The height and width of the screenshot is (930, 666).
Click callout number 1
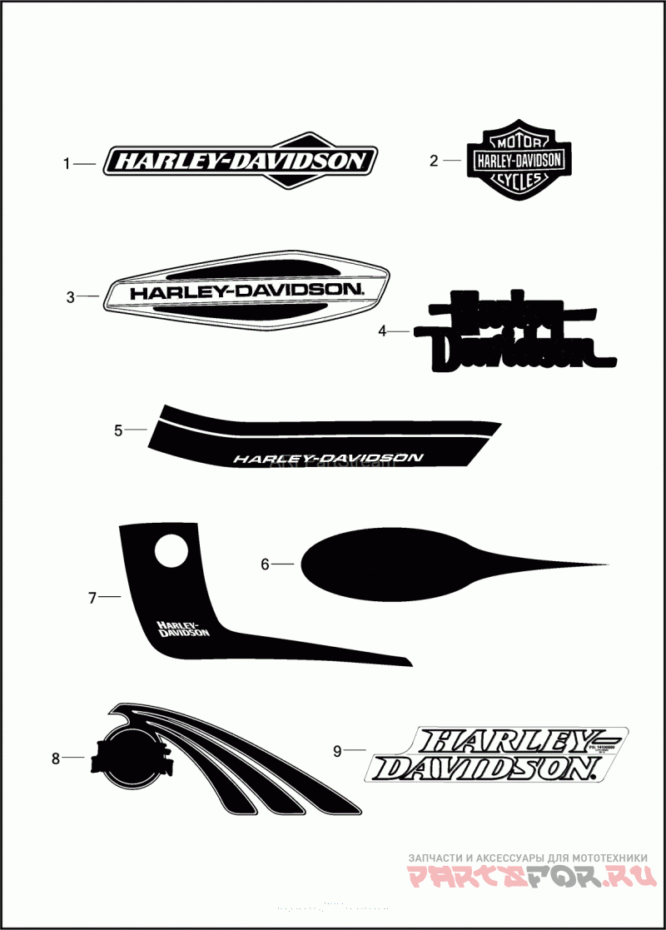(x=67, y=164)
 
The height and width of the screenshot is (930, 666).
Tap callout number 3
(x=71, y=296)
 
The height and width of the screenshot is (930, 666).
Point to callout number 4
(x=382, y=331)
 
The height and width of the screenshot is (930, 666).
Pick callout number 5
(x=118, y=430)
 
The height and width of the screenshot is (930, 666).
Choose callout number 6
(x=265, y=564)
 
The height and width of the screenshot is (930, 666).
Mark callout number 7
(x=92, y=597)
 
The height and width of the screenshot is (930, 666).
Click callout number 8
(x=56, y=758)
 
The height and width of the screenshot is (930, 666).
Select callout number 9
(x=337, y=751)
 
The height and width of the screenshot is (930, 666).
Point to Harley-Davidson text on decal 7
(x=182, y=629)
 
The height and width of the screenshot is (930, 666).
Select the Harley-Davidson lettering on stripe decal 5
(x=328, y=457)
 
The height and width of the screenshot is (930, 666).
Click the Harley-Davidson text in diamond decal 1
(x=240, y=161)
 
